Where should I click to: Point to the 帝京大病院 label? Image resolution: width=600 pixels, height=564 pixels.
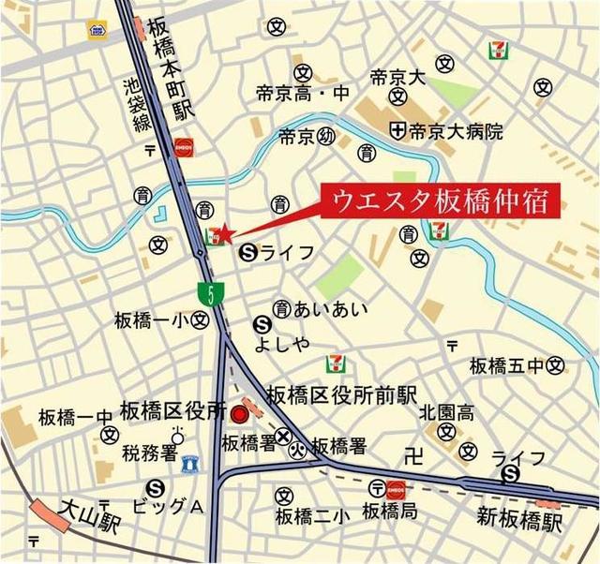455,132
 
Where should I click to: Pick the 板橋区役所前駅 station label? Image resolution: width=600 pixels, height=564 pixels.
341,395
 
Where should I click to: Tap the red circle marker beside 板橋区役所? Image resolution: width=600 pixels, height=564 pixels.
240,413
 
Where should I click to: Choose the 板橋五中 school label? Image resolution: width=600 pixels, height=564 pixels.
507,364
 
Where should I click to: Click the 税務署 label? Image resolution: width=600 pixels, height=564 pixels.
149,454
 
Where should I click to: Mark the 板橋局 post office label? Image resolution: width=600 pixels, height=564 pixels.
389,512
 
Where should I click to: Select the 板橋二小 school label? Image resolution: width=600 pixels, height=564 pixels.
312,514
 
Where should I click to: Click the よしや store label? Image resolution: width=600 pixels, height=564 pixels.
281,344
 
